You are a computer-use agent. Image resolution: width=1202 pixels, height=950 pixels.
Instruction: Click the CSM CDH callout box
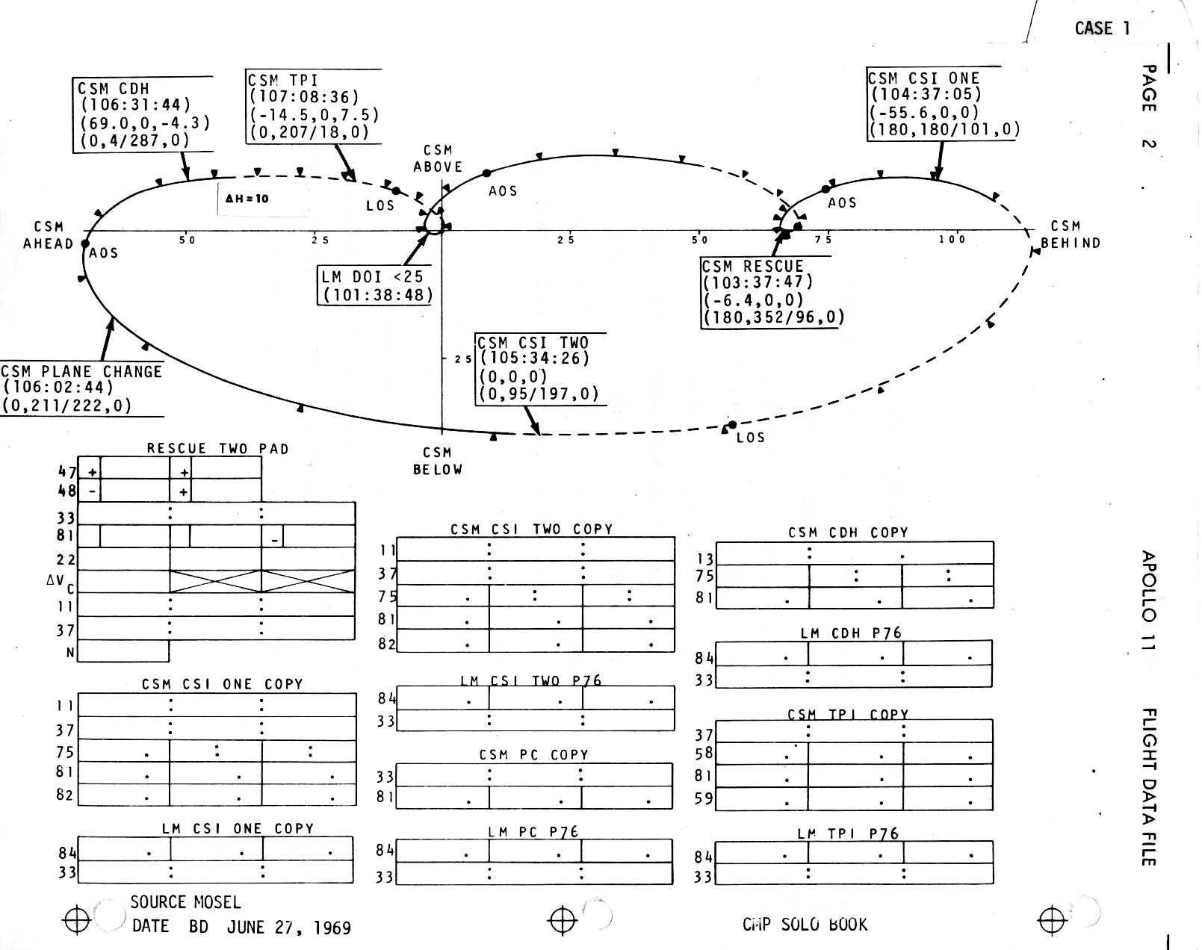point(142,114)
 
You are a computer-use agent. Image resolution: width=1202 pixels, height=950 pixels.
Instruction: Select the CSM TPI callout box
point(313,106)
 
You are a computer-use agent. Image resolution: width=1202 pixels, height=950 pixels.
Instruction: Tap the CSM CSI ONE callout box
point(943,104)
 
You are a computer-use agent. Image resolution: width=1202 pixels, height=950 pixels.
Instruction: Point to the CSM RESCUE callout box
point(772,292)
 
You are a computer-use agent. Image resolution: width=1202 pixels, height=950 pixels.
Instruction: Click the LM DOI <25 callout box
point(376,285)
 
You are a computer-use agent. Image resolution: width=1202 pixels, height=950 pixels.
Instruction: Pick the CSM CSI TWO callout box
point(539,368)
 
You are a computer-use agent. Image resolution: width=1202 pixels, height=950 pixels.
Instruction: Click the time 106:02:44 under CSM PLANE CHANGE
point(58,388)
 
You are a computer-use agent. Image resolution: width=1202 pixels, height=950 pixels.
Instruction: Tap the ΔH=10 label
point(247,199)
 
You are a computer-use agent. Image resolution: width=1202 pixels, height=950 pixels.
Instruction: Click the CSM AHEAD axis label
point(49,235)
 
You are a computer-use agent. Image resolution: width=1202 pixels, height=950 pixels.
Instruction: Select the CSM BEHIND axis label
point(1070,235)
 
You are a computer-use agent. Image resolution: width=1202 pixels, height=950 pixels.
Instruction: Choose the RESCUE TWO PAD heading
point(217,449)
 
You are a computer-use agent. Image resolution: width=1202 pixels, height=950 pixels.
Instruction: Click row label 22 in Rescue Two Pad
point(66,559)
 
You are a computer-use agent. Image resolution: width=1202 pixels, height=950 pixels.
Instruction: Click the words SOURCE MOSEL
point(185,902)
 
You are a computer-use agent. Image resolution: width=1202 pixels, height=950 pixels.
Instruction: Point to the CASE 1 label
point(1102,28)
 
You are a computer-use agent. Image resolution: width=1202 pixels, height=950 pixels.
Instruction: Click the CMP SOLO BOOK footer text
point(805,925)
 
